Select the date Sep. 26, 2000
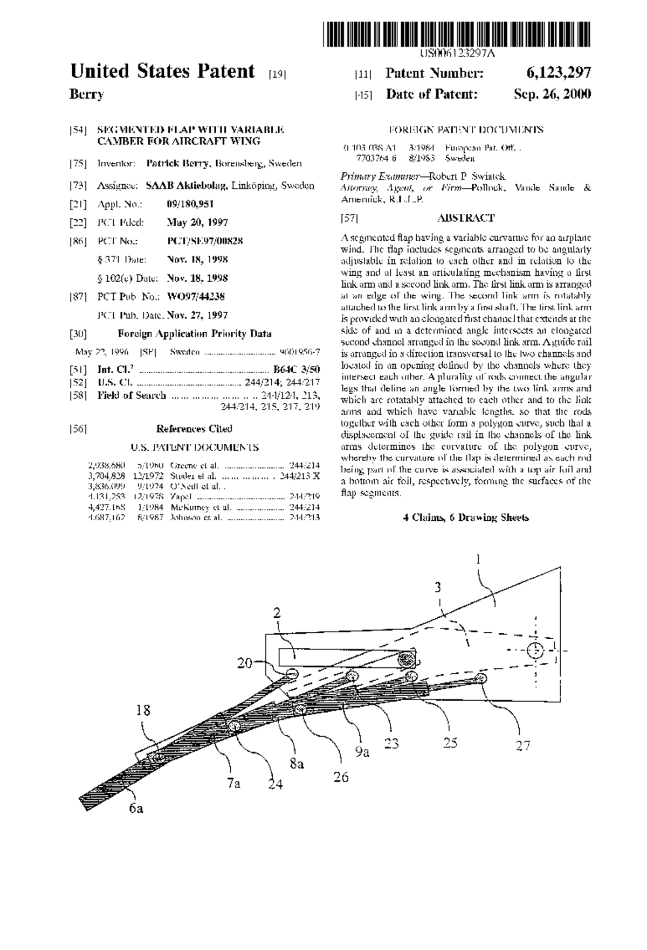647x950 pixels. [x=553, y=94]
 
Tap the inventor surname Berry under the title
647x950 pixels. [x=87, y=95]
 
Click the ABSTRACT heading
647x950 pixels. [x=466, y=218]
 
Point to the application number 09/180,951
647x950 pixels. [x=190, y=204]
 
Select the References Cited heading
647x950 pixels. [x=194, y=429]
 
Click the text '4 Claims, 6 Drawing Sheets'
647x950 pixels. [x=466, y=518]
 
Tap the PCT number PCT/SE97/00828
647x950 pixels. [x=205, y=241]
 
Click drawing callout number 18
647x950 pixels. [x=143, y=710]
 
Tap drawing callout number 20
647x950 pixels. [x=245, y=663]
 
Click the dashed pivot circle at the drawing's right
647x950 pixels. [x=535, y=650]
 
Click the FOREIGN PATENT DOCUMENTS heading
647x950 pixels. [x=466, y=130]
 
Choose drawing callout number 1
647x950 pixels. [x=478, y=560]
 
